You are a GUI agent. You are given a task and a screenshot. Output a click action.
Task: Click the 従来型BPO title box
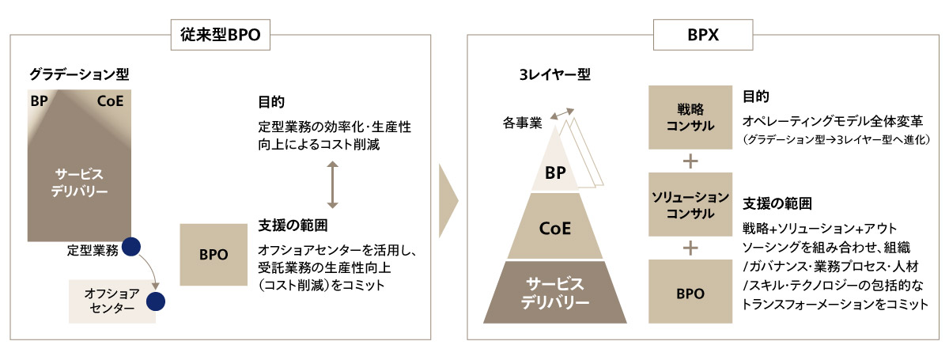pyautogui.click(x=221, y=35)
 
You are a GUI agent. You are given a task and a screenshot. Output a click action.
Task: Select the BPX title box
pyautogui.click(x=703, y=35)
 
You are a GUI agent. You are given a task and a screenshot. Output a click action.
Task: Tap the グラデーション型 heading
pyautogui.click(x=79, y=74)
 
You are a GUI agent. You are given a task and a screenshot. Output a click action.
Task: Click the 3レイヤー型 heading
pyautogui.click(x=554, y=74)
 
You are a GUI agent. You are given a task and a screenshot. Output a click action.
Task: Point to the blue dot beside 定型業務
pyautogui.click(x=131, y=247)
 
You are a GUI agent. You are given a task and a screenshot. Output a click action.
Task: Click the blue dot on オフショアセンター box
pyautogui.click(x=156, y=301)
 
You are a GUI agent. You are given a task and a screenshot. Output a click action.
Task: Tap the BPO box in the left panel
pyautogui.click(x=214, y=255)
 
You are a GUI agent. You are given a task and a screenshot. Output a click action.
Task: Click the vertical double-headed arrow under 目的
pyautogui.click(x=333, y=184)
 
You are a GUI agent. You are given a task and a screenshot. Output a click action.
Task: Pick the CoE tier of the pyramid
pyautogui.click(x=554, y=226)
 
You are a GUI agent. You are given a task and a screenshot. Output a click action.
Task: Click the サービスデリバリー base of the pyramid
pyautogui.click(x=555, y=292)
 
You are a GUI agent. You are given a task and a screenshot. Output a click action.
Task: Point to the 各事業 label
pyautogui.click(x=523, y=123)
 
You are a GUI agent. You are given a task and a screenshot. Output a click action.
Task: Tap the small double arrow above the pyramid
pyautogui.click(x=562, y=114)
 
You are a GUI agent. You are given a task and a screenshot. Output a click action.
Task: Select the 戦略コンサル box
pyautogui.click(x=690, y=117)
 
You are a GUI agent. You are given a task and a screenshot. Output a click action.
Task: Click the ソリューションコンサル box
pyautogui.click(x=690, y=204)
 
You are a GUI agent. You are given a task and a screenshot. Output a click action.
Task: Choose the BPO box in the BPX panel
pyautogui.click(x=690, y=292)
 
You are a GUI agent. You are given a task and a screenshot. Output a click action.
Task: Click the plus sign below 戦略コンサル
pyautogui.click(x=690, y=161)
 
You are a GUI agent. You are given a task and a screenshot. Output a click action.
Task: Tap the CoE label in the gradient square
pyautogui.click(x=110, y=101)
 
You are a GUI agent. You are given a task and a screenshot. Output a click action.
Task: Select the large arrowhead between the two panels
pyautogui.click(x=448, y=200)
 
